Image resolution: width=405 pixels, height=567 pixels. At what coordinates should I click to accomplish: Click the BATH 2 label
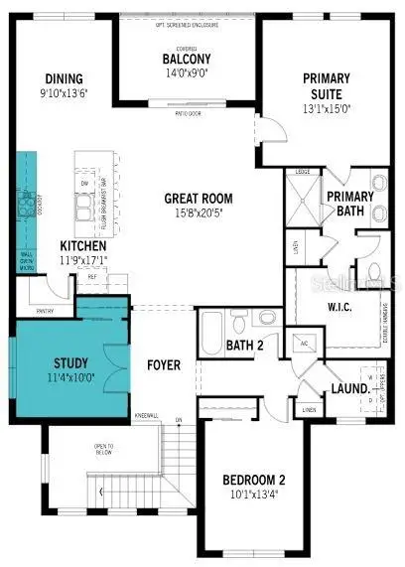coord(245,346)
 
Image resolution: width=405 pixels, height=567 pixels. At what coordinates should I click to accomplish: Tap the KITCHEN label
coord(83,245)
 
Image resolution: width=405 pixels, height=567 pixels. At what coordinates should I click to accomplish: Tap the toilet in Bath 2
coord(266,317)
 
